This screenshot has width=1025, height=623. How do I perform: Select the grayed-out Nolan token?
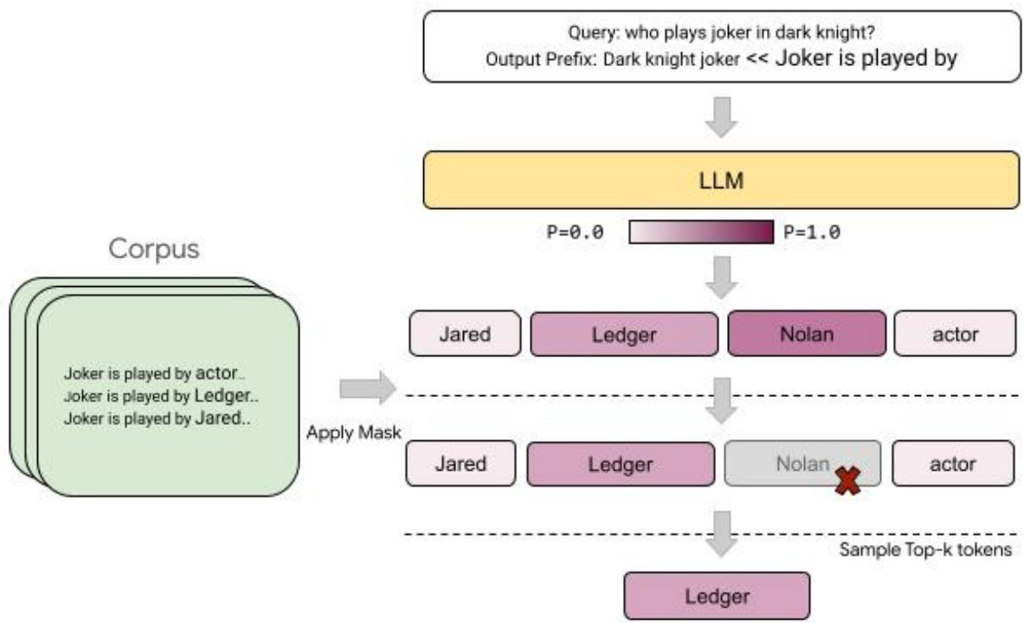point(802,463)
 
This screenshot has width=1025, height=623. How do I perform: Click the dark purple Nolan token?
point(807,334)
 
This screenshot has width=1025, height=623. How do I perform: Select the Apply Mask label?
point(355,433)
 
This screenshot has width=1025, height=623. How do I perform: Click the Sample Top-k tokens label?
point(926,549)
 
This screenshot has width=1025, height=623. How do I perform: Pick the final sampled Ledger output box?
point(716,597)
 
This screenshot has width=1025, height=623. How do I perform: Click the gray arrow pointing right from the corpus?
point(366,389)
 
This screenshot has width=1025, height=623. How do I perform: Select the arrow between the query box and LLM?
point(720,117)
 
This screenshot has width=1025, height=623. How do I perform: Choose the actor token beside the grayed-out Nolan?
point(953,463)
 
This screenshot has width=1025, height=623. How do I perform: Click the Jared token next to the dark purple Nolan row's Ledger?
point(464,334)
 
